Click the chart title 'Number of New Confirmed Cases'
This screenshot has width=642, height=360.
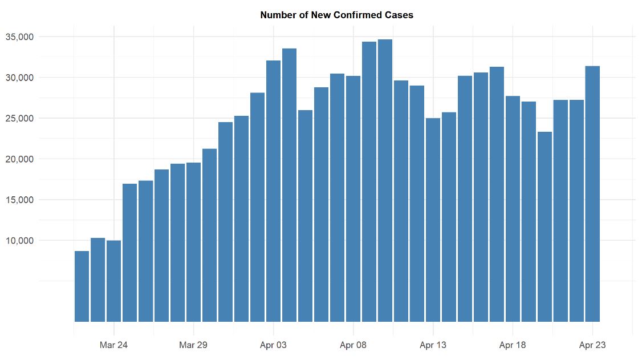coord(336,15)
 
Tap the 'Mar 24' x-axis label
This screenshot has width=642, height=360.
coord(113,345)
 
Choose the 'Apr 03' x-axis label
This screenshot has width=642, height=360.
coord(273,345)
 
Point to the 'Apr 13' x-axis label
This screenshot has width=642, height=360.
coord(433,345)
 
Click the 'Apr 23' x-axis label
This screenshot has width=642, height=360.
coord(592,345)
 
